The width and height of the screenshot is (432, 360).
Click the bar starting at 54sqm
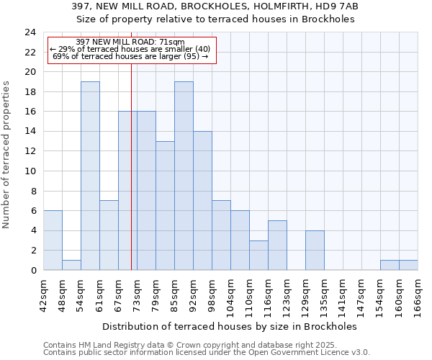(90, 176)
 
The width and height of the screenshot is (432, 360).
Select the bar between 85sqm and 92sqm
(184, 176)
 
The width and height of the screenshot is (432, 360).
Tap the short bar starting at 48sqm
(71, 265)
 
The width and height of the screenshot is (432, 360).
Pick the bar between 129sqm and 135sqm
(315, 251)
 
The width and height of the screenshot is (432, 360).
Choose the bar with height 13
(165, 206)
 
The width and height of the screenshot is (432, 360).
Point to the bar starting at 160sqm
(408, 265)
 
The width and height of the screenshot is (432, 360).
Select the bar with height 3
(258, 256)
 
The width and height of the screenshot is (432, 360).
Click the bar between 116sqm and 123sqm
(277, 246)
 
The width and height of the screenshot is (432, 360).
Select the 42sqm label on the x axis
(43, 294)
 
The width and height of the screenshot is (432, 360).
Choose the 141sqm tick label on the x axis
(343, 294)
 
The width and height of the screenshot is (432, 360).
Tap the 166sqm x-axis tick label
(418, 294)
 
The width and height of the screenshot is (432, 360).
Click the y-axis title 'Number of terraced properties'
(7, 154)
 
